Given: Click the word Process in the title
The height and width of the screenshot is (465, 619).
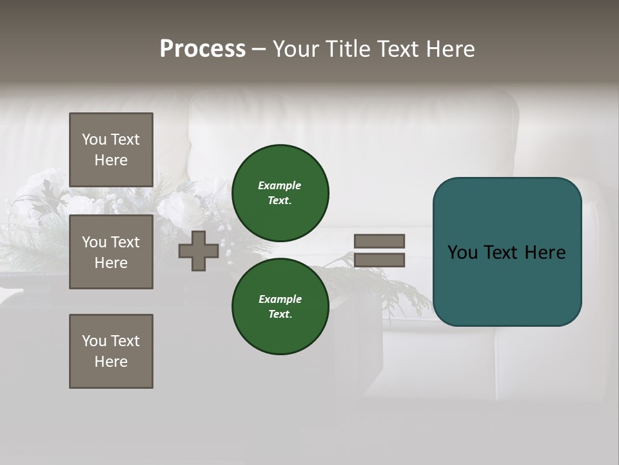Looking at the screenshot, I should [x=202, y=49].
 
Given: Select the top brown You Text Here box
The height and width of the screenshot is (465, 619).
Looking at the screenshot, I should [x=111, y=150].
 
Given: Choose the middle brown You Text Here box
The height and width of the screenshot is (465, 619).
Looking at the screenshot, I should [x=111, y=252].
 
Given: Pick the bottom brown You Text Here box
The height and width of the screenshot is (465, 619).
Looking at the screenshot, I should [x=111, y=351].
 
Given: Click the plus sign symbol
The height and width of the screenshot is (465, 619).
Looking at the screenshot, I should [x=199, y=251].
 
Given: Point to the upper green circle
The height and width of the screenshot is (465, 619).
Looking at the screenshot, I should [x=280, y=192].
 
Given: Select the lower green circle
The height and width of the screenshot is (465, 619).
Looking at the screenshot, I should [x=280, y=306].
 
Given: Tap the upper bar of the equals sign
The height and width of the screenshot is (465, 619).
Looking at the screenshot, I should [x=379, y=241].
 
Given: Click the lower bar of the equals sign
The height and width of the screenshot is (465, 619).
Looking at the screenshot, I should [x=379, y=260].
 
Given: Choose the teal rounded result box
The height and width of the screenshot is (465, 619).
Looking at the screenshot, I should [x=507, y=252].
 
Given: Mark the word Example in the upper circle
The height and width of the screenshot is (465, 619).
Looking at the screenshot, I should [x=279, y=185].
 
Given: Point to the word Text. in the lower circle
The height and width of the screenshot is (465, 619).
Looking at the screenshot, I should [x=280, y=315].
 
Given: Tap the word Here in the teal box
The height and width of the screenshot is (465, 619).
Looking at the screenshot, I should [x=544, y=253].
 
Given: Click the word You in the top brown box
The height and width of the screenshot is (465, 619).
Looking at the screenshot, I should [x=94, y=139].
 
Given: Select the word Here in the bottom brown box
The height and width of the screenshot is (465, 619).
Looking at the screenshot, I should [x=111, y=362].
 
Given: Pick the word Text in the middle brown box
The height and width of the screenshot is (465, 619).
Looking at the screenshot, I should [x=125, y=242].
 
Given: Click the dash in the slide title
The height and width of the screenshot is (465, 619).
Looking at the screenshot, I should [x=259, y=49].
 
